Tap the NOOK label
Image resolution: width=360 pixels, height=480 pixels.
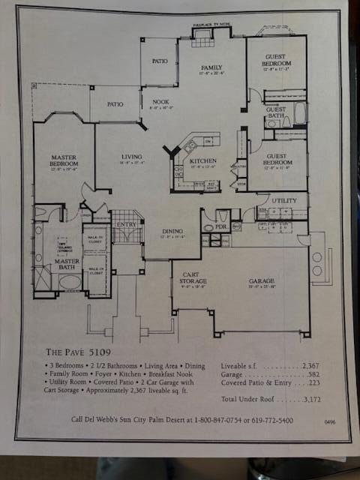point(160,102)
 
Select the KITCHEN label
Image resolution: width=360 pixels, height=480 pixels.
point(202,161)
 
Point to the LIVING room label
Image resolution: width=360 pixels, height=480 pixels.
point(131,157)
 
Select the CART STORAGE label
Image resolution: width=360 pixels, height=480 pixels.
point(194,280)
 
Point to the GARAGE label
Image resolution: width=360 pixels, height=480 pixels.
point(262,280)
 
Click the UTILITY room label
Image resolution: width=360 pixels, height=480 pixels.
point(284,201)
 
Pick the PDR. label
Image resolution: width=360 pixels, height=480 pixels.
point(221,226)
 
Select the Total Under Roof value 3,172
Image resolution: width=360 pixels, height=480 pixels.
point(307,400)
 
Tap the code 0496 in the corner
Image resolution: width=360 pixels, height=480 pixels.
point(330,422)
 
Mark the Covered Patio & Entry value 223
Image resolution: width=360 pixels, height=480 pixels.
point(310,382)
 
